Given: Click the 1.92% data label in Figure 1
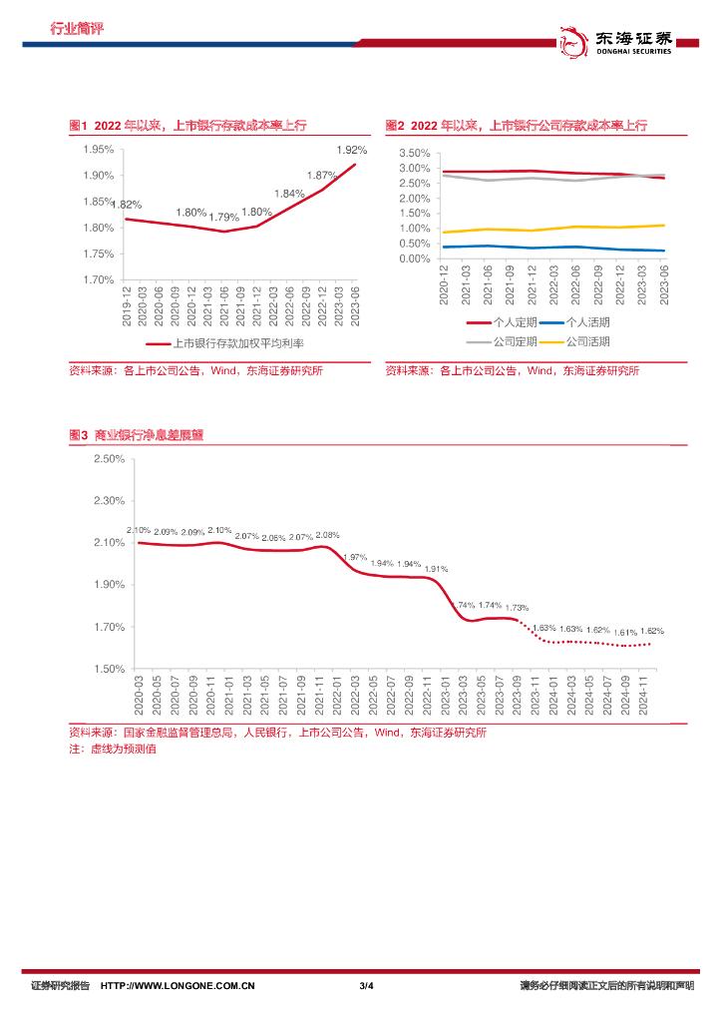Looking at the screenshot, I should (x=351, y=150).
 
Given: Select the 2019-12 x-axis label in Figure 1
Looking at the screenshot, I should (x=127, y=305).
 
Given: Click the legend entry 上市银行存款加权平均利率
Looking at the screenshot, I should (x=237, y=343).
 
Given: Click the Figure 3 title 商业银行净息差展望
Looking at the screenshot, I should (x=149, y=435).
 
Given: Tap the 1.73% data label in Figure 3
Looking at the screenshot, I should (x=517, y=607).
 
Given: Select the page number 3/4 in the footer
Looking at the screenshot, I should (x=366, y=986).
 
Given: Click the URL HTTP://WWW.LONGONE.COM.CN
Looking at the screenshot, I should (x=179, y=986).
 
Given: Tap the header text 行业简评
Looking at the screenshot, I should (x=76, y=29).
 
